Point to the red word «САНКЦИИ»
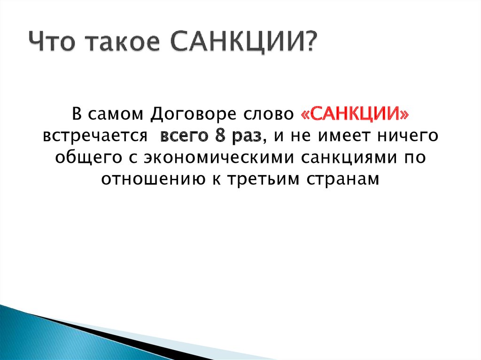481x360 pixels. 355,114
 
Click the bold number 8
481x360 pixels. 220,136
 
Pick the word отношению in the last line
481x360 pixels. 153,179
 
